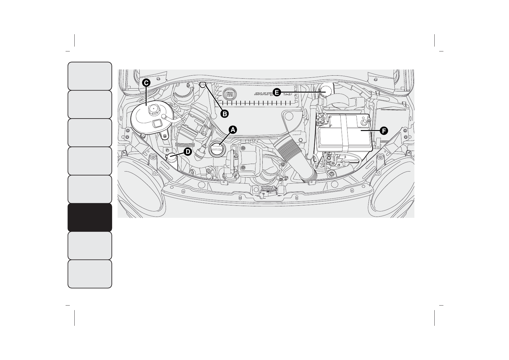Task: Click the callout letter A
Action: coord(232,129)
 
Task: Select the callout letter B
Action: coord(224,114)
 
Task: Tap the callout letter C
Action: coord(146,82)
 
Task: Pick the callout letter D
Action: coord(188,152)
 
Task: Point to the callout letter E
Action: coord(276,92)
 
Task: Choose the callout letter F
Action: coord(383,131)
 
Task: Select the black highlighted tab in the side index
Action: coord(90,217)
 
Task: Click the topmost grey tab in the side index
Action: coord(90,76)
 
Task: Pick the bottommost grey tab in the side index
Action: coord(90,274)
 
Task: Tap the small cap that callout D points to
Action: coord(172,157)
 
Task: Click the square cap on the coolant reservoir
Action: coord(157,123)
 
